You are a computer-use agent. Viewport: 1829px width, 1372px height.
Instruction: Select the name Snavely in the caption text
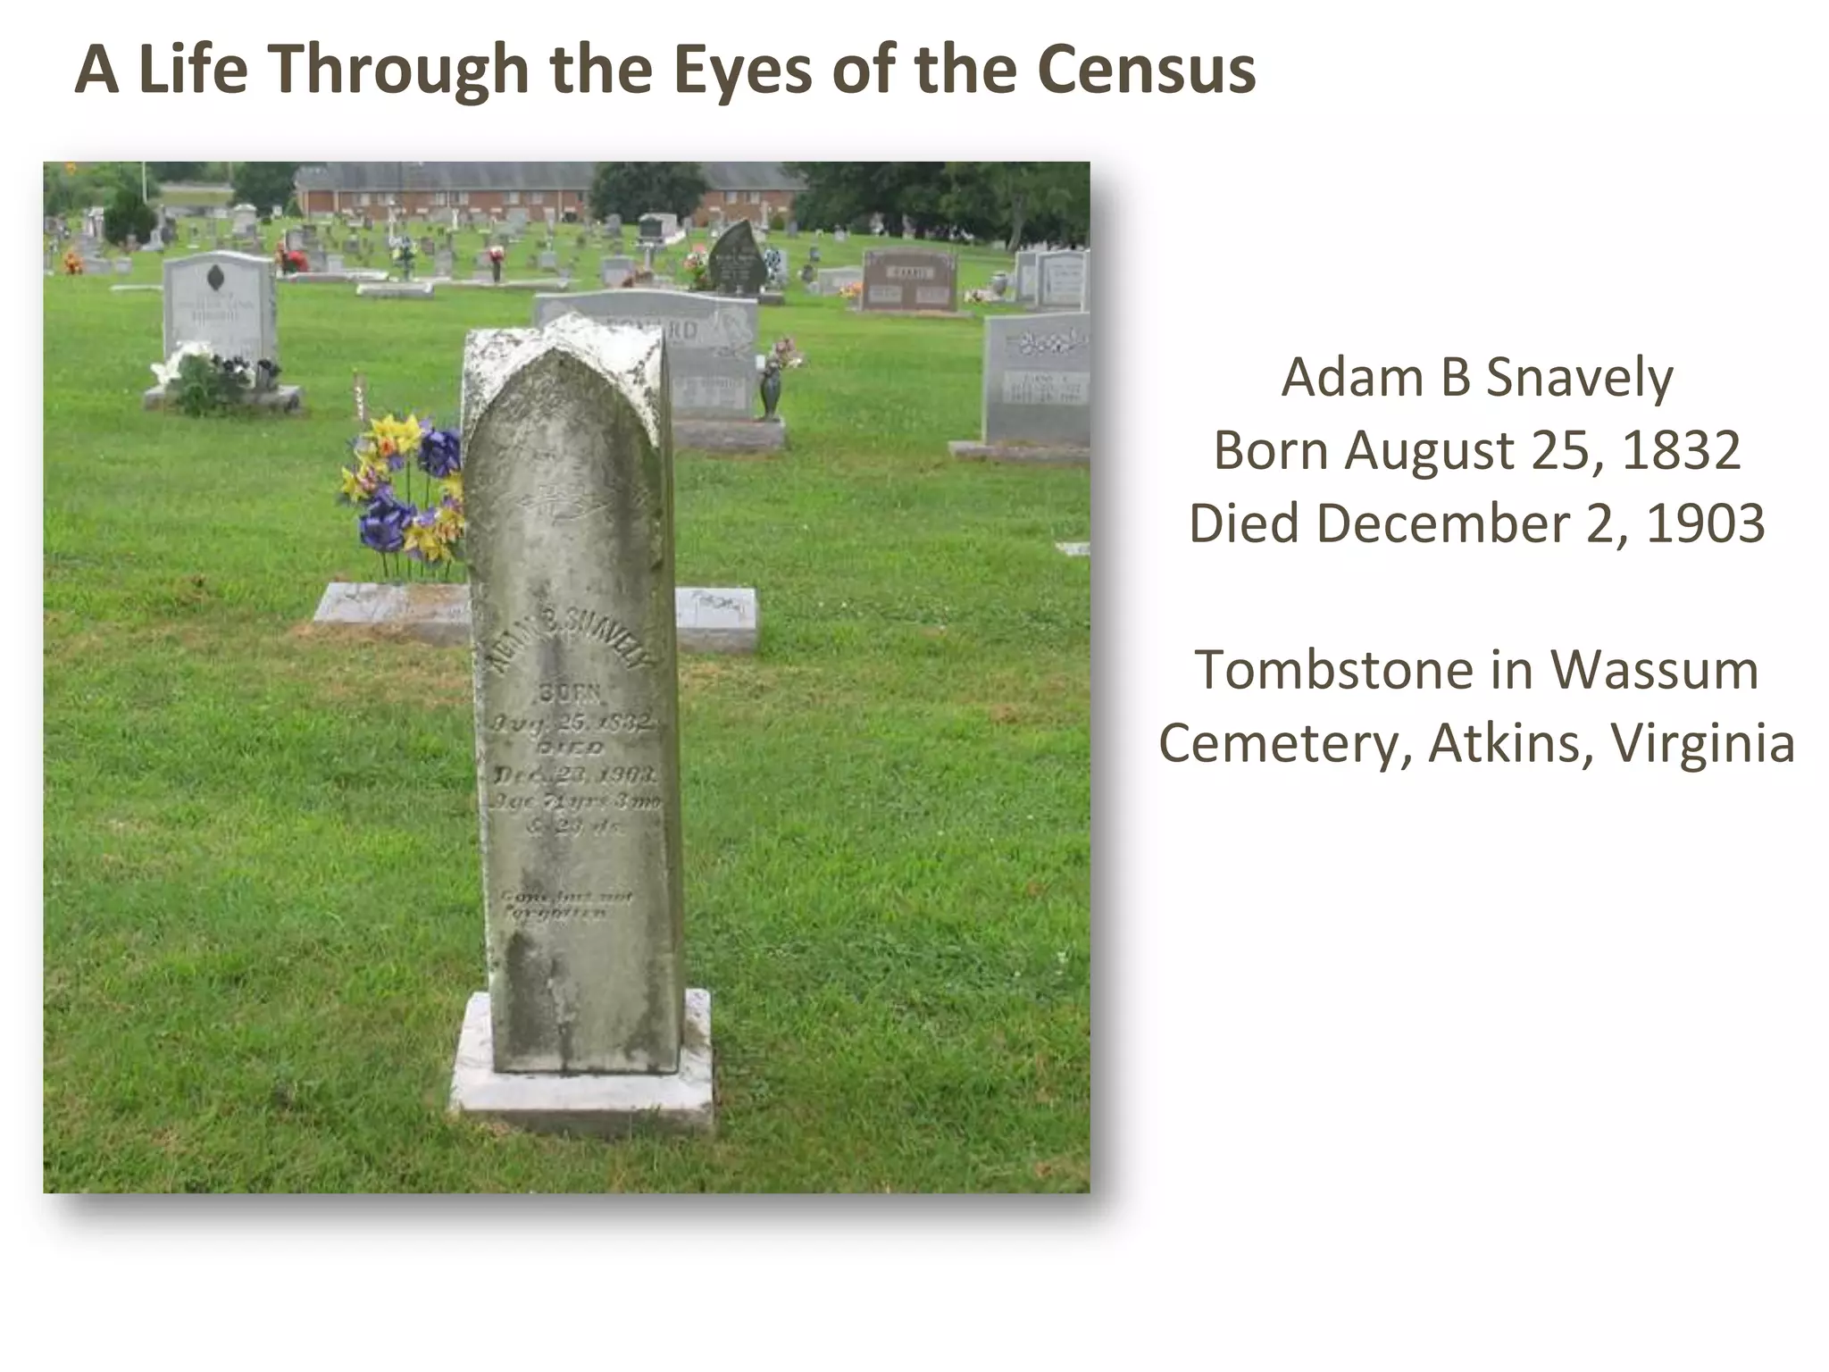pos(1579,378)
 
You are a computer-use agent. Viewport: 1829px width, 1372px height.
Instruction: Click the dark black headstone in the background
pos(737,259)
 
